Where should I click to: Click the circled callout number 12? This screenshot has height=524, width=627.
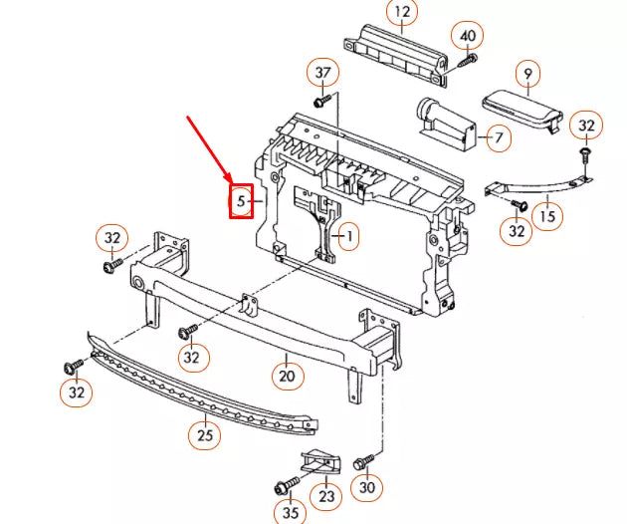(402, 13)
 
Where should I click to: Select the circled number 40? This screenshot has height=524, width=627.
(467, 36)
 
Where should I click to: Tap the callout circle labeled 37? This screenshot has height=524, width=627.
(323, 73)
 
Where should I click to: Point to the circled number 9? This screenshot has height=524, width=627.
(527, 73)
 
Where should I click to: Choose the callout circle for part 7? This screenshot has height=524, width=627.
(497, 136)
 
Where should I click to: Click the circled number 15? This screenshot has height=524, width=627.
(546, 214)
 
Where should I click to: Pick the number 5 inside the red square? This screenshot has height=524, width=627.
(242, 201)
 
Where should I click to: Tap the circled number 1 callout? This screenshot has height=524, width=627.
(347, 237)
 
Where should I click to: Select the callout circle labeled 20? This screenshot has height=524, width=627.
(287, 376)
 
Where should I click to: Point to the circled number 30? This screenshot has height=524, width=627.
(368, 488)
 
